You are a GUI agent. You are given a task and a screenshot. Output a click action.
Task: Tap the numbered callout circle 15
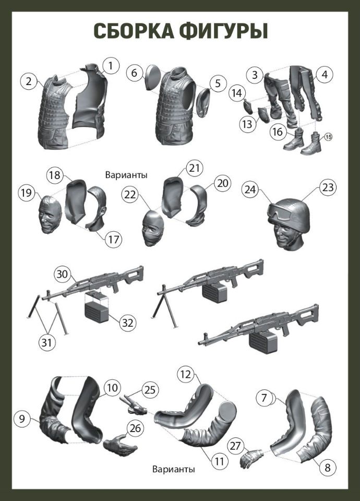(x=328, y=137)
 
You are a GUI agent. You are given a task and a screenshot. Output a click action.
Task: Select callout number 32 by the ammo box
(x=128, y=323)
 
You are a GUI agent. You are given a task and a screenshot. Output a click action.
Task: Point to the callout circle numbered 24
(x=250, y=189)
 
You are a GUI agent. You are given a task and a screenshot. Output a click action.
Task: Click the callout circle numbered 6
(x=134, y=73)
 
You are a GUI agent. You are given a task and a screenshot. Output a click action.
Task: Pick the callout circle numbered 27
(x=235, y=446)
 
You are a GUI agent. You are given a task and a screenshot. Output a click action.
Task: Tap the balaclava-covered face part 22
(x=153, y=228)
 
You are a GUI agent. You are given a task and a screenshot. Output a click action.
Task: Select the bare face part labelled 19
(x=50, y=214)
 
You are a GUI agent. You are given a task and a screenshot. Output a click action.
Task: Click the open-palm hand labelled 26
(x=120, y=445)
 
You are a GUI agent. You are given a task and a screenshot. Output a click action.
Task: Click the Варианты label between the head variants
(x=126, y=175)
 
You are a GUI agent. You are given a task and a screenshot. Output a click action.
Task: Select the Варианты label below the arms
(x=173, y=469)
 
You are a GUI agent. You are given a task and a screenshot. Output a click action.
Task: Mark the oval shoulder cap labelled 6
(x=153, y=77)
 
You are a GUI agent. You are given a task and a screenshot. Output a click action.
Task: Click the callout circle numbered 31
(x=46, y=342)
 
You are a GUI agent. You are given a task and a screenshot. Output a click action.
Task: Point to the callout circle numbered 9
(x=22, y=419)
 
